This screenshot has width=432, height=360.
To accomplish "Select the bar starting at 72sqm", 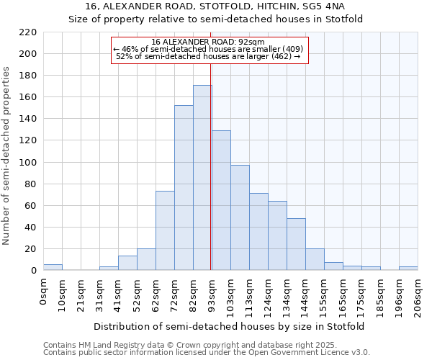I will pos(184,188).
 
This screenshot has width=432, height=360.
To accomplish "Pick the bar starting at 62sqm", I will pos(165,230).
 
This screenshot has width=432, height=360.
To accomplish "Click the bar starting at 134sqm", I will pos(296,244).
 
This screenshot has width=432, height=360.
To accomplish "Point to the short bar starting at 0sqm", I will pos(53,267).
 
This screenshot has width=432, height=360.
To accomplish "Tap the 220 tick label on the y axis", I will pos(27,32).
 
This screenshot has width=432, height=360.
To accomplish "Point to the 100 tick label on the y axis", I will pos(27,163).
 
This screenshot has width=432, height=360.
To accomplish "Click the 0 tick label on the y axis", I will pos(33,271).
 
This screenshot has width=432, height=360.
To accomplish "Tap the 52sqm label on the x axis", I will pos(137,291).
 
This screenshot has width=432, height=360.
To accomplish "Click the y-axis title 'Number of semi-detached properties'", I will pos(7,156).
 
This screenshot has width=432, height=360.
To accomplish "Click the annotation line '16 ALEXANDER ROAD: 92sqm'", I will pos(210,42).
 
